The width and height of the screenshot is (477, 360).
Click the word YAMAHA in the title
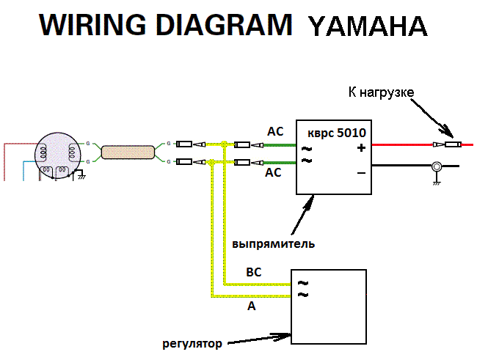(368, 26)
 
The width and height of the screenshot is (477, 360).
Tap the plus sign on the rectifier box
(361, 148)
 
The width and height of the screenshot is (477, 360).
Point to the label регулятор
(192, 342)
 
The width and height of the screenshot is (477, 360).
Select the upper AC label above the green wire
(274, 132)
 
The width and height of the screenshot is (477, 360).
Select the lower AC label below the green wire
(273, 173)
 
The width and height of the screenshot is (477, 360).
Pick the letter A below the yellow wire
(252, 306)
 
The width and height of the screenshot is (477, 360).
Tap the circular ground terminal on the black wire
(435, 166)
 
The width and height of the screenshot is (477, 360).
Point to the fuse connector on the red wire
(445, 145)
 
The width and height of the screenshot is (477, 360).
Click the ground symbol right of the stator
(81, 175)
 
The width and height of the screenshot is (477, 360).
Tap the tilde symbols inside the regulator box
(302, 288)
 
